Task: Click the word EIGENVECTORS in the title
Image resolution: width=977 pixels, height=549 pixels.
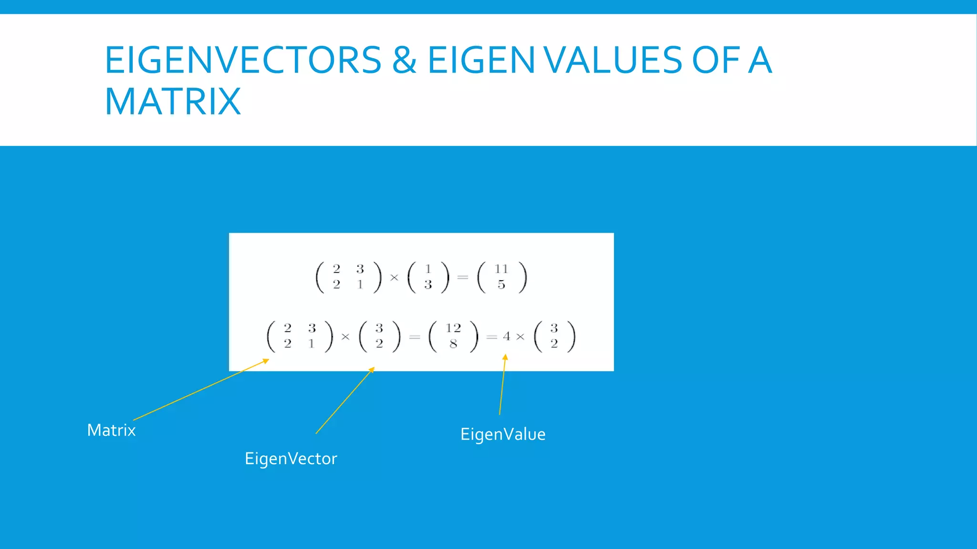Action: pyautogui.click(x=243, y=61)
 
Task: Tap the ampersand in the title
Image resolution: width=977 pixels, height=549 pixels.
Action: pyautogui.click(x=404, y=61)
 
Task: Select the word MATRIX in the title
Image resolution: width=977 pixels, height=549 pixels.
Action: pyautogui.click(x=173, y=102)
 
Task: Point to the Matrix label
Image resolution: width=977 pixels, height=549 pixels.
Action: pyautogui.click(x=111, y=430)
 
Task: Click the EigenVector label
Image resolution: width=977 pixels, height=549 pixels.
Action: pyautogui.click(x=291, y=458)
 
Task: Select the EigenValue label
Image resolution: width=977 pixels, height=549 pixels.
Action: pyautogui.click(x=503, y=434)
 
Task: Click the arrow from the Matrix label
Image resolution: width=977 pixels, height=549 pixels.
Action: pyautogui.click(x=200, y=390)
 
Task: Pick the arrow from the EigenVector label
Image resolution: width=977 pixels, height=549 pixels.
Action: pyautogui.click(x=344, y=401)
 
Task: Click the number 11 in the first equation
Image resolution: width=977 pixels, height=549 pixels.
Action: pyautogui.click(x=501, y=269)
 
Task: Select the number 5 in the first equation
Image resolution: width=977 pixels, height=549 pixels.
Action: pyautogui.click(x=501, y=285)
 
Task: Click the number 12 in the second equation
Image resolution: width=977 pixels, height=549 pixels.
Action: pyautogui.click(x=453, y=328)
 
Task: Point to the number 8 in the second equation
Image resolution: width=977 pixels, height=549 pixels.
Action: pyautogui.click(x=453, y=344)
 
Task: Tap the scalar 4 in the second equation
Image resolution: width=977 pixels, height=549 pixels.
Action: pyautogui.click(x=507, y=336)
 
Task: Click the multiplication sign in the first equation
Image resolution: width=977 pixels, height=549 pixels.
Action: pyautogui.click(x=394, y=277)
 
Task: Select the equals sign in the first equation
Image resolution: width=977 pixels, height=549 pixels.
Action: pyautogui.click(x=462, y=277)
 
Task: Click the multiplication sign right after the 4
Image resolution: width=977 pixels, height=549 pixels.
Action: pyautogui.click(x=520, y=337)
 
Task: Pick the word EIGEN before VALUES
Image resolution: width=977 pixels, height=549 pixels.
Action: pyautogui.click(x=481, y=61)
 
